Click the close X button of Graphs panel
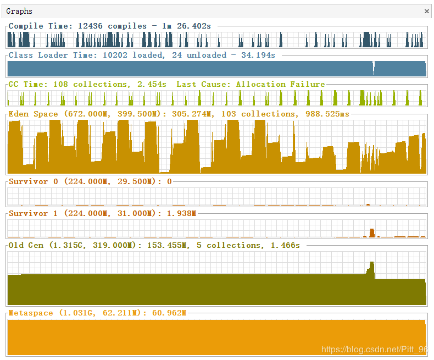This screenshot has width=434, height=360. click(427, 11)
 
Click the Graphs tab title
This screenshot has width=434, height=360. click(19, 11)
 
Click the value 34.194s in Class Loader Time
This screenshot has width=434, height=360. click(258, 55)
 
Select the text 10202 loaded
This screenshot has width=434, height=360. click(138, 55)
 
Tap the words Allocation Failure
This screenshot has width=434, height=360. click(280, 84)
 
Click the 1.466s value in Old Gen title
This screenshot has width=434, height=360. click(285, 245)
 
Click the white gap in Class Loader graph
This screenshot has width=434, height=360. click(374, 68)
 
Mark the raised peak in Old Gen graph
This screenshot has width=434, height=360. click(371, 268)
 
